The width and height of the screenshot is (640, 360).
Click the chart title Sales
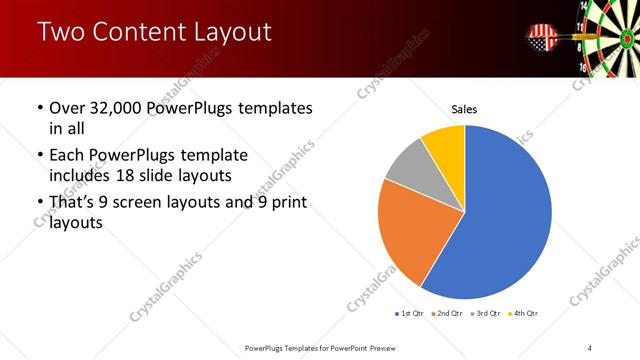[x=465, y=108]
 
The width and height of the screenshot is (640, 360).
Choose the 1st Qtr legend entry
[x=410, y=314]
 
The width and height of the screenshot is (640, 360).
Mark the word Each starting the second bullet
[x=68, y=156]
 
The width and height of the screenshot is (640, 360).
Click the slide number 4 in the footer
[x=590, y=347]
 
